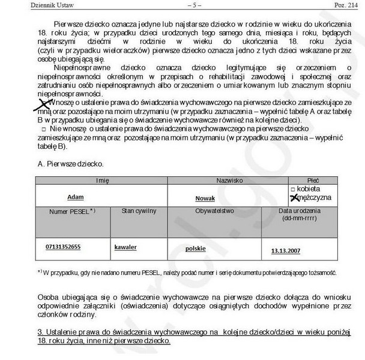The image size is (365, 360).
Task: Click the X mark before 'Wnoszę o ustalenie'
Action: [43, 107]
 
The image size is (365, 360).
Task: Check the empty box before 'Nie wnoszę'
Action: [44, 130]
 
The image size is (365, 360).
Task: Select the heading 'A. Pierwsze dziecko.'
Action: [70, 164]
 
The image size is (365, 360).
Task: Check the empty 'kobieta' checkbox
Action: [293, 188]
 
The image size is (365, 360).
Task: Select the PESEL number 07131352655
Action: [63, 247]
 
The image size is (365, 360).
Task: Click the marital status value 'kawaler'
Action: [125, 247]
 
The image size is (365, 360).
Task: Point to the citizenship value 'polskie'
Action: [196, 247]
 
